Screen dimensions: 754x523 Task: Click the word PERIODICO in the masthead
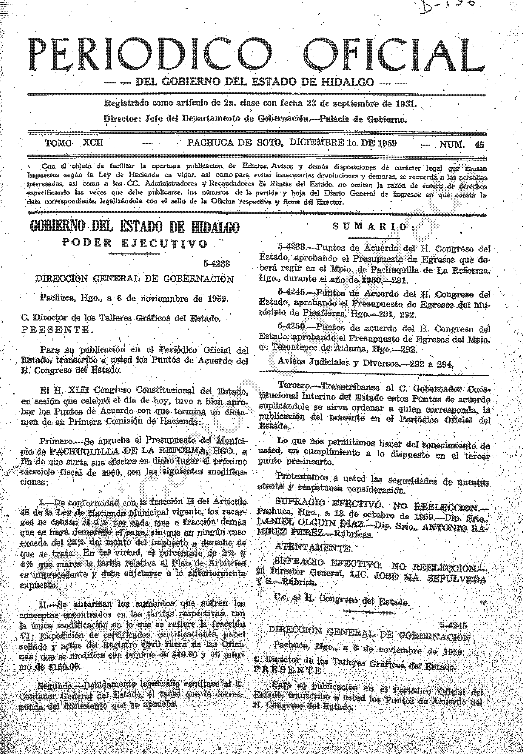[151, 55]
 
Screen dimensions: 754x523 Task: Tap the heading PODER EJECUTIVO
[135, 243]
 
